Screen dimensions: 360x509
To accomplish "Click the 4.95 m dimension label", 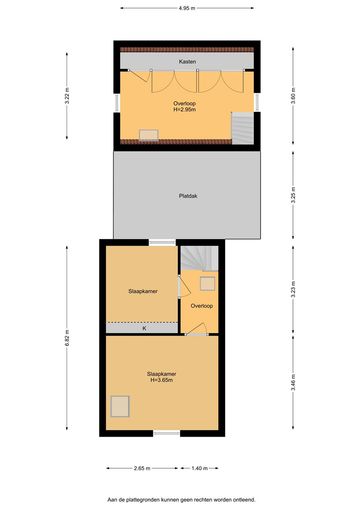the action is click(187, 8).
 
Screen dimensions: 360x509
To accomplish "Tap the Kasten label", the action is click(187, 62).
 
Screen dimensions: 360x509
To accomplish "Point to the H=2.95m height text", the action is click(184, 109).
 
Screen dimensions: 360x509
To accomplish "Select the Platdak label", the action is click(188, 196).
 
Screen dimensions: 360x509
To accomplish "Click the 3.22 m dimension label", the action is click(67, 96).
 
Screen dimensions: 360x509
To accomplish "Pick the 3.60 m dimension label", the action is click(293, 96).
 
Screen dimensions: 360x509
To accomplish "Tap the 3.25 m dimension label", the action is click(293, 195).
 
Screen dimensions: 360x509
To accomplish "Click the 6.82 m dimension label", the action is click(67, 338).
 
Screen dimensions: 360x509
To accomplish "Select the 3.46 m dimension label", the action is click(293, 383).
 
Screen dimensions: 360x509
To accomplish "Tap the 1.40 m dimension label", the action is click(200, 468).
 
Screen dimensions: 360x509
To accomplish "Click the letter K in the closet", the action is click(144, 329).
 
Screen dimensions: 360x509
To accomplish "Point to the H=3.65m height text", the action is click(162, 380).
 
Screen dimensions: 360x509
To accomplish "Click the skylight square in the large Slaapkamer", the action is click(120, 406).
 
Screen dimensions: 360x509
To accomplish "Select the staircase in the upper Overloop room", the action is click(243, 128).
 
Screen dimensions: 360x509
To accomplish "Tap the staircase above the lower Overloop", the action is click(199, 259).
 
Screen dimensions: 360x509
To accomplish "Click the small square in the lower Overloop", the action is click(207, 284).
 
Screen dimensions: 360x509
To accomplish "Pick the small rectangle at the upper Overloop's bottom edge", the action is click(149, 135).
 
